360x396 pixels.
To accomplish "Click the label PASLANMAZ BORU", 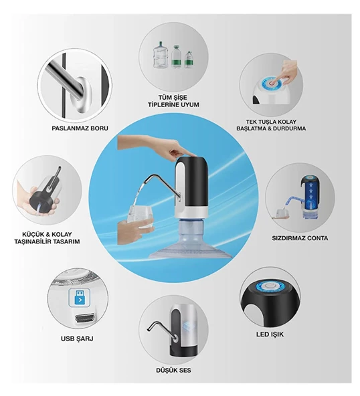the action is tap(80, 128).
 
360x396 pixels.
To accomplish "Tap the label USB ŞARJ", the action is tap(77, 338).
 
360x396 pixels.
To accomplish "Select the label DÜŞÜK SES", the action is tap(173, 371).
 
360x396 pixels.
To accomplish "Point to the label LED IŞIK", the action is tap(270, 334).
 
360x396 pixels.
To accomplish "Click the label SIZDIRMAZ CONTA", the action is tap(300, 238).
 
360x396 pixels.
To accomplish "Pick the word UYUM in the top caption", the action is tap(190, 104).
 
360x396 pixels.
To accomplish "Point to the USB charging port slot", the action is tap(85, 318).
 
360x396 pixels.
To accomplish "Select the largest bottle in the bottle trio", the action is tap(161, 55).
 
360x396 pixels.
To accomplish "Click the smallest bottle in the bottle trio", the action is tap(189, 60).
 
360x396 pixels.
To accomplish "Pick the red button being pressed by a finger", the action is tap(272, 84).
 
